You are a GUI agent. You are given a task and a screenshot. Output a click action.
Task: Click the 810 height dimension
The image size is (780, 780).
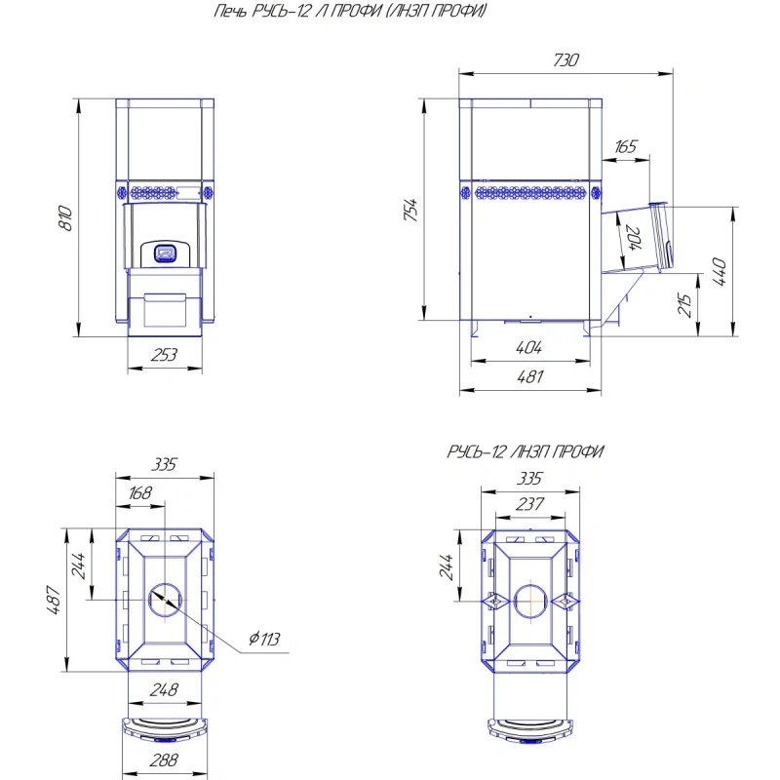[65, 218]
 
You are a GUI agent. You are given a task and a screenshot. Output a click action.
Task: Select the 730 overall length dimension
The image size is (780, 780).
[566, 59]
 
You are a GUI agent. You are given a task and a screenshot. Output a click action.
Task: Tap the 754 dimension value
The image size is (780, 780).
[410, 210]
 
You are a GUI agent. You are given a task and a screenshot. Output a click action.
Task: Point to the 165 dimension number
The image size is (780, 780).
[625, 147]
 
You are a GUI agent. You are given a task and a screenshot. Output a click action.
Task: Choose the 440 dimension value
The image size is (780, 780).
[720, 272]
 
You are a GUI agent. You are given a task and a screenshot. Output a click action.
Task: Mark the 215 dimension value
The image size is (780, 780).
[684, 305]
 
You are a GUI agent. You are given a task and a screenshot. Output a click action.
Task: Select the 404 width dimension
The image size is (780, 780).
[528, 347]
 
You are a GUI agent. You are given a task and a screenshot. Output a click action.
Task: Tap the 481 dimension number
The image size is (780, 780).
[530, 376]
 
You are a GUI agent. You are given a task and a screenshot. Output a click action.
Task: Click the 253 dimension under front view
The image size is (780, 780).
[164, 355]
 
